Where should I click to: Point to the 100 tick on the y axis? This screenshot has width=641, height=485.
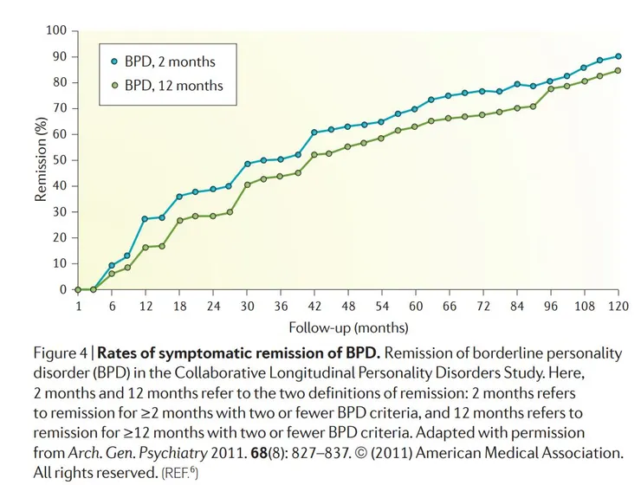(57, 31)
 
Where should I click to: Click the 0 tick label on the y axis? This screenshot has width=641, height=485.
(63, 290)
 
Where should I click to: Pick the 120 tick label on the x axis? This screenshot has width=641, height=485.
(617, 307)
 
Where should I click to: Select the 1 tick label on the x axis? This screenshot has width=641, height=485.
(77, 307)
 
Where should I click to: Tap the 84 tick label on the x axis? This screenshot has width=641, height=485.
(517, 307)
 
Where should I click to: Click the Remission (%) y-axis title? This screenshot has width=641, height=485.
(41, 160)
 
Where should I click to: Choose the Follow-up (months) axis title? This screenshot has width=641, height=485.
(348, 328)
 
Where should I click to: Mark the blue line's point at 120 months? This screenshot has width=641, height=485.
(618, 56)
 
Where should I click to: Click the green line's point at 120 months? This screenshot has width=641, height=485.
(618, 71)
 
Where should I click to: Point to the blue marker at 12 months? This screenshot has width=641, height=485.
(145, 219)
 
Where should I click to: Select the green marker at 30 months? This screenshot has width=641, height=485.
(247, 184)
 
